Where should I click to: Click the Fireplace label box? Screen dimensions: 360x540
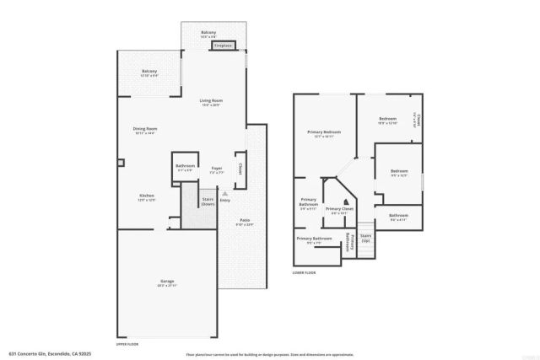click(x=224, y=46)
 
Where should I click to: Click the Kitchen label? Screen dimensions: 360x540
click(x=147, y=198)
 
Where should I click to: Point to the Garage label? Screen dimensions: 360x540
click(x=167, y=282)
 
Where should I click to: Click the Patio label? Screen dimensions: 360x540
click(x=244, y=222)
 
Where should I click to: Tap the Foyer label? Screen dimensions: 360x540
click(x=216, y=169)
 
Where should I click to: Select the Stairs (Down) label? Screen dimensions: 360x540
click(x=208, y=201)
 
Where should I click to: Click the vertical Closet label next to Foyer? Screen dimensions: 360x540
click(x=240, y=168)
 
